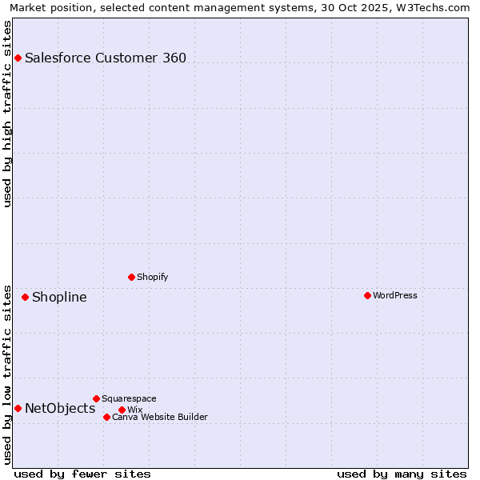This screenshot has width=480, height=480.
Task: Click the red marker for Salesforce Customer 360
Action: click(18, 58)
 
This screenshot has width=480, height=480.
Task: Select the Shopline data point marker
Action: click(25, 297)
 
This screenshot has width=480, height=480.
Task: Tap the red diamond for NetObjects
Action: click(18, 408)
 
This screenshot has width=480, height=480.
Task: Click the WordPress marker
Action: click(367, 295)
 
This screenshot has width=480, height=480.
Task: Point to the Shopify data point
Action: click(131, 277)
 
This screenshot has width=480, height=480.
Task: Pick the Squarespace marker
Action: click(96, 398)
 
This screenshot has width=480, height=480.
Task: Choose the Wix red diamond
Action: click(122, 410)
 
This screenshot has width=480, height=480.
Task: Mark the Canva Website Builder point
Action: click(106, 417)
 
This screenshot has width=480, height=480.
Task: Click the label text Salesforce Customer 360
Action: click(106, 58)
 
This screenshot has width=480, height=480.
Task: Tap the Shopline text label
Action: click(59, 298)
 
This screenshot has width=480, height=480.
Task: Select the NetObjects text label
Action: click(60, 409)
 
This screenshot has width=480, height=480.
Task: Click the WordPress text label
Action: click(395, 295)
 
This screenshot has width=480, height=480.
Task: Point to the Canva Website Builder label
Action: click(160, 417)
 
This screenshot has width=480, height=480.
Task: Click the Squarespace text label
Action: click(130, 398)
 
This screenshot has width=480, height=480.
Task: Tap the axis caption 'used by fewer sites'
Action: click(82, 474)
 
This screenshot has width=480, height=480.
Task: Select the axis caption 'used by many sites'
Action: click(402, 474)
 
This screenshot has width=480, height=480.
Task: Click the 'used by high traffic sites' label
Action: click(8, 114)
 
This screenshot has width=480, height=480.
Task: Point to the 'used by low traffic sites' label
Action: click(8, 374)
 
